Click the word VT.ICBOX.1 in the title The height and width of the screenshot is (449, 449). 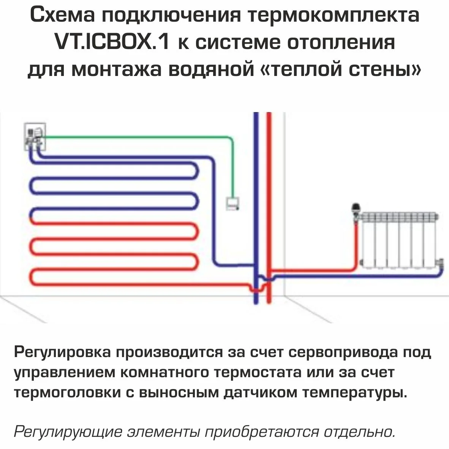(x=112, y=42)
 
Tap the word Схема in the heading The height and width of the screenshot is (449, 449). (x=61, y=15)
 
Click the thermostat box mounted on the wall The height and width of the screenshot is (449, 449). (x=232, y=203)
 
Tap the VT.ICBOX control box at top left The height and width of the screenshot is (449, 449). (x=35, y=136)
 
